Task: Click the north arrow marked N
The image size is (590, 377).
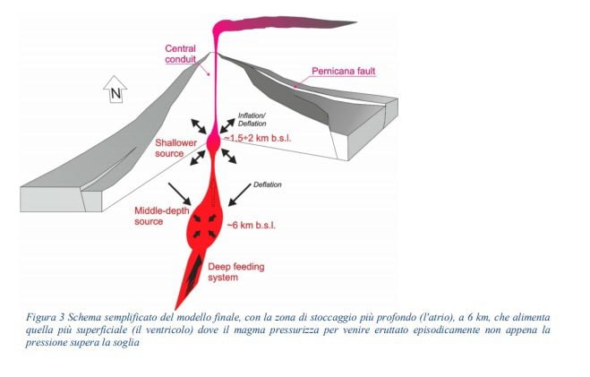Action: click(x=115, y=90)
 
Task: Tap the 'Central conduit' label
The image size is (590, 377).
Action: click(x=181, y=54)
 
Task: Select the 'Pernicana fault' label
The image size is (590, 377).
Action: click(x=344, y=71)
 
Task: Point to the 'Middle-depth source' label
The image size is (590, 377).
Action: click(x=162, y=216)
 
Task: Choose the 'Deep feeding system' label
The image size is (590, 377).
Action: click(x=236, y=272)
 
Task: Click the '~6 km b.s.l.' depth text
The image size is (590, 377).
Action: click(x=251, y=226)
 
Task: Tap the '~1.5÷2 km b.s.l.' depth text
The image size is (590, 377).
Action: click(x=258, y=138)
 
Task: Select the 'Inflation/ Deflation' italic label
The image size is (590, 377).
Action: click(x=252, y=120)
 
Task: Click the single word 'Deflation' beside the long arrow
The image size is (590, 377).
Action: click(x=267, y=184)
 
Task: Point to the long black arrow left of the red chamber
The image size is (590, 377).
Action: click(x=179, y=194)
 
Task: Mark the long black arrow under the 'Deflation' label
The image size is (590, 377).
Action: click(x=240, y=195)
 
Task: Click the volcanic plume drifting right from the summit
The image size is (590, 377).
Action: click(x=285, y=26)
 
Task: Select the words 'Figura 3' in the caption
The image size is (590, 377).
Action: click(x=41, y=317)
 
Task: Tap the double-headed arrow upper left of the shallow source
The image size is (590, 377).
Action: click(x=199, y=126)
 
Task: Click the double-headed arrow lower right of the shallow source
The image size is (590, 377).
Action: click(x=229, y=156)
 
